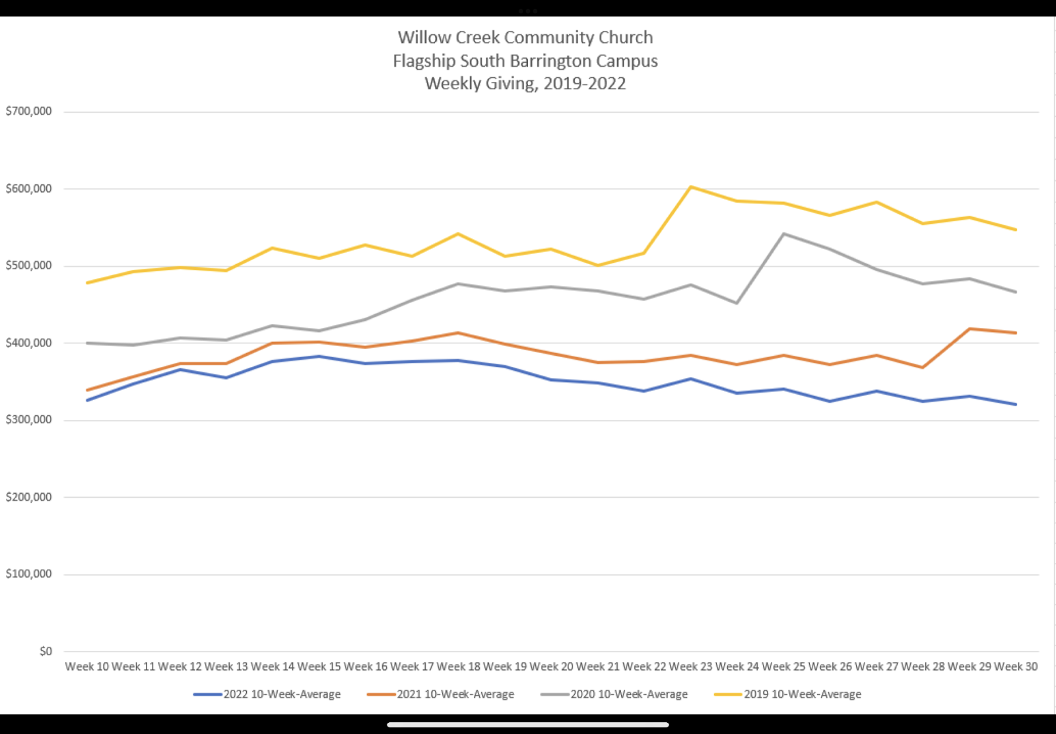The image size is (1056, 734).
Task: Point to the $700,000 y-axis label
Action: [x=28, y=111]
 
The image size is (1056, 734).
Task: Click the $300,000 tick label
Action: [x=28, y=420]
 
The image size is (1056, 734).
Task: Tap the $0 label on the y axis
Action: [x=46, y=651]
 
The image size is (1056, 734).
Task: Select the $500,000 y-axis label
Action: [x=28, y=265]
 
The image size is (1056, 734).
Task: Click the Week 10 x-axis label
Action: [x=87, y=667]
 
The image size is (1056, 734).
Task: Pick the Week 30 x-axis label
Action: [x=1016, y=667]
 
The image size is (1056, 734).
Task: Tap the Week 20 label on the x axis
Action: [x=551, y=667]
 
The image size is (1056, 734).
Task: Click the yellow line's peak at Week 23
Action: [x=690, y=187]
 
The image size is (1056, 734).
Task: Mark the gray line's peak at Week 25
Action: [x=783, y=234]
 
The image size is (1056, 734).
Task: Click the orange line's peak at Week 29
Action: [x=970, y=329]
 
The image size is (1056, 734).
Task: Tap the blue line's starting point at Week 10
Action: [x=87, y=400]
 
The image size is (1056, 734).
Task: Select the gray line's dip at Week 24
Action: [x=737, y=303]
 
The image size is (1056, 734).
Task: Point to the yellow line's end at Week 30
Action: [x=1016, y=230]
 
